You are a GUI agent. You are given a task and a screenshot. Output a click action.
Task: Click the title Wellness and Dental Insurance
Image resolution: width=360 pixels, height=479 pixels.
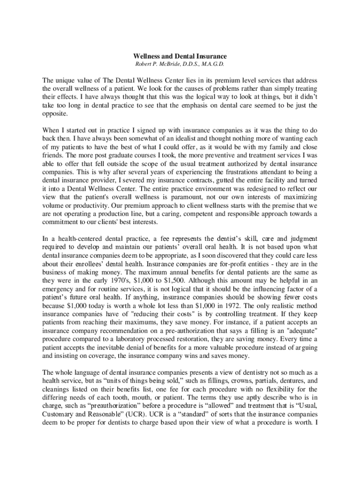[x=180, y=56]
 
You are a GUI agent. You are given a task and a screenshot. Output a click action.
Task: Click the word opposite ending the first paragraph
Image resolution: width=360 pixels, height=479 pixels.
[x=55, y=114]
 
